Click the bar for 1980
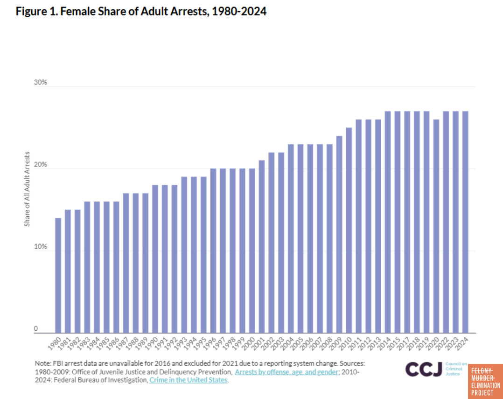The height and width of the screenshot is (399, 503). (x=58, y=275)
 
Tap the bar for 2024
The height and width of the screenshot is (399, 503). (x=465, y=222)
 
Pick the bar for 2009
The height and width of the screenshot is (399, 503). (x=339, y=234)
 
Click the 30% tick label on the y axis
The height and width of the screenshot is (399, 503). (x=41, y=83)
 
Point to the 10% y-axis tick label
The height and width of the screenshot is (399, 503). (x=41, y=247)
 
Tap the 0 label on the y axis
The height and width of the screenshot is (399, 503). (x=35, y=328)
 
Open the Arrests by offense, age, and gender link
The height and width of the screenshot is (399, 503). (x=286, y=372)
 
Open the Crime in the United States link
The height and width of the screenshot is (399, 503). (x=188, y=380)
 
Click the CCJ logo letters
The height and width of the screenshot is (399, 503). (x=424, y=369)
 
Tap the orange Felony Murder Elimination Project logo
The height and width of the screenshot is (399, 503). (x=485, y=381)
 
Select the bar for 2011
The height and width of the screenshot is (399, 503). (x=359, y=226)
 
